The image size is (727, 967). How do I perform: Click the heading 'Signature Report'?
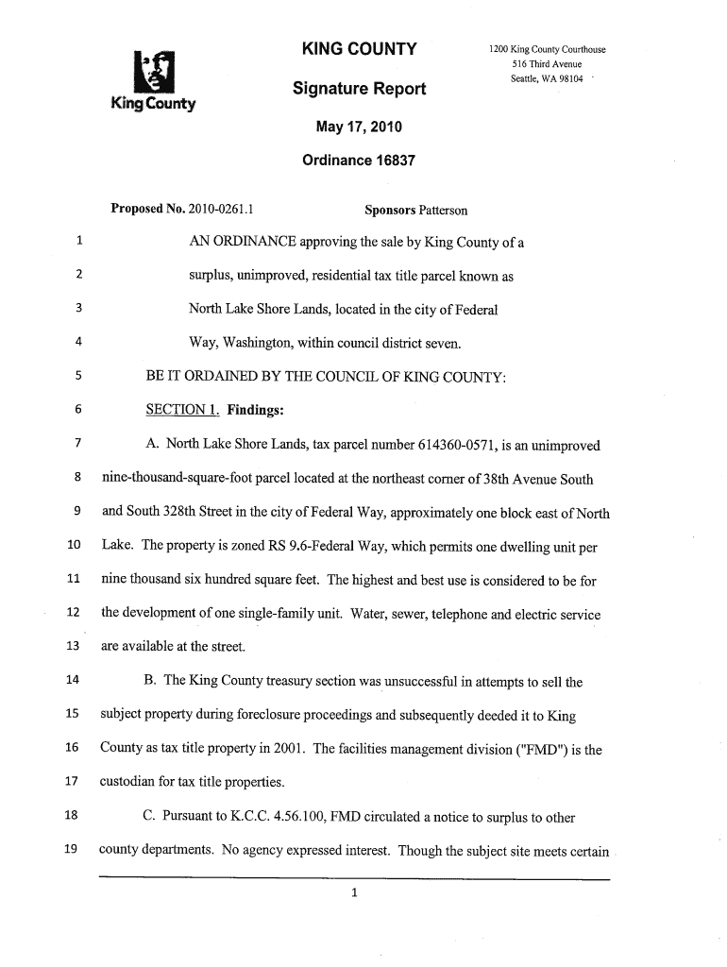[x=359, y=89]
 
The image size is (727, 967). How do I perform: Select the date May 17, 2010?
[x=359, y=127]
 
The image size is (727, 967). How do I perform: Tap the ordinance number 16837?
[x=384, y=161]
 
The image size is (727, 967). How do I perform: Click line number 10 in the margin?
[x=73, y=546]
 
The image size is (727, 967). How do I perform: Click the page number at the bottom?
[x=353, y=897]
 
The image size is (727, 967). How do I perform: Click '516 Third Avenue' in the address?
[x=547, y=63]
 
